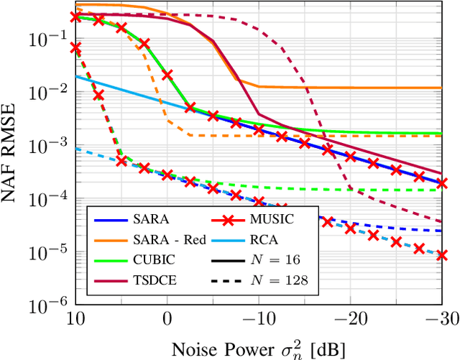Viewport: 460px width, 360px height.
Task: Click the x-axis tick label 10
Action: pos(75,318)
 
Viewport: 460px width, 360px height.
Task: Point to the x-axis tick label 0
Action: pos(167,318)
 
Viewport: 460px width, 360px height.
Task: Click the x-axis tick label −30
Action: pos(440,318)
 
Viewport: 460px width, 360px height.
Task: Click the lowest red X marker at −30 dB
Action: pos(443,255)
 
